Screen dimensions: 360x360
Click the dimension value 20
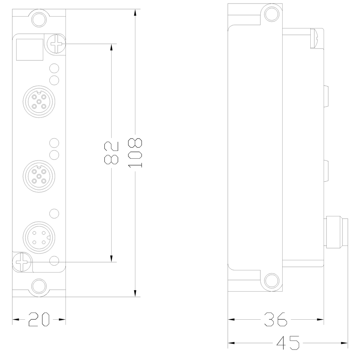click(39, 319)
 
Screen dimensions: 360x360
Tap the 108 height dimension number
click(136, 153)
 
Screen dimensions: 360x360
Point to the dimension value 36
click(275, 319)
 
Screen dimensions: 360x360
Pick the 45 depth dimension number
click(288, 342)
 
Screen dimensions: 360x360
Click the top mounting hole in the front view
click(39, 19)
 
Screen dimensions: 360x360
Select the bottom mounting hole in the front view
click(39, 287)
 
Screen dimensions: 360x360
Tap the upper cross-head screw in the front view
click(57, 44)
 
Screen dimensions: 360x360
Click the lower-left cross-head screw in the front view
click(22, 262)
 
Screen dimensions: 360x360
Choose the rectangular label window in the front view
click(30, 49)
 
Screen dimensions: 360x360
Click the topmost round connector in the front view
click(39, 102)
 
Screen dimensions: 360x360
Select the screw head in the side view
click(314, 38)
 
